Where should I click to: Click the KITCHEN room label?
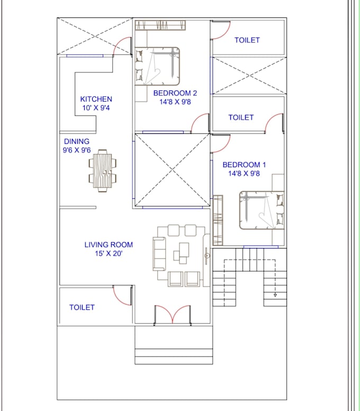point(96,99)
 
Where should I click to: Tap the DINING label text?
point(77,142)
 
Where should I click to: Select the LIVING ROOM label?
point(109,244)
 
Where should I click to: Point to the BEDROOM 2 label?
point(175,93)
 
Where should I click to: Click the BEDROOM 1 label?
point(244,165)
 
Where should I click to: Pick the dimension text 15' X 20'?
point(109,253)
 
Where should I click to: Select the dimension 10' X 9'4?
point(96,108)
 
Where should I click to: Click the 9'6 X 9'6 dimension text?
point(77,150)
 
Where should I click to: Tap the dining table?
point(103,171)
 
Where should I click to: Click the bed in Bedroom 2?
point(157,66)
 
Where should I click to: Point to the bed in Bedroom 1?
point(262,210)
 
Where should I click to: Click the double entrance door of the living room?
point(173,315)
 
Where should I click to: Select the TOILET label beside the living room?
point(82,307)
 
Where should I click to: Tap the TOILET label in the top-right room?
point(247,40)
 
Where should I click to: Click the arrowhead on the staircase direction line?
point(275,295)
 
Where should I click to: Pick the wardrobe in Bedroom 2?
point(160,25)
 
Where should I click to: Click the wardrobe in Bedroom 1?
point(218,220)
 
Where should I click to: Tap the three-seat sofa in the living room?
point(159,254)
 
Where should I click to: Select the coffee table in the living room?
point(181,253)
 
